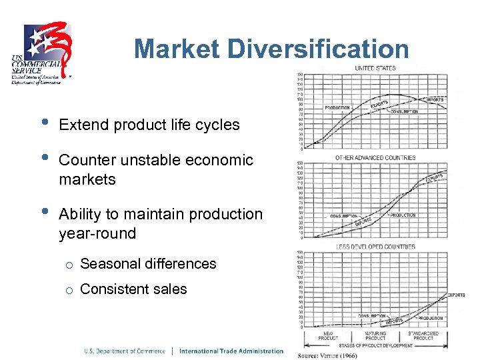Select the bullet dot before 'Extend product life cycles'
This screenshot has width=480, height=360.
(x=44, y=123)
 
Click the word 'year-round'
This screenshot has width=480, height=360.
(x=97, y=233)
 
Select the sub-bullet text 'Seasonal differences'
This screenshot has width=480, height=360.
(x=148, y=263)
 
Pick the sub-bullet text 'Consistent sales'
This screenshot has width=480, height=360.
(x=133, y=289)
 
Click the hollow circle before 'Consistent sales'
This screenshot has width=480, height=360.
(x=68, y=289)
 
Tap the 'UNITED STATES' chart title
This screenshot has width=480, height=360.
(x=375, y=68)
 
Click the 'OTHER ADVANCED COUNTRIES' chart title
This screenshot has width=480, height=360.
(x=375, y=157)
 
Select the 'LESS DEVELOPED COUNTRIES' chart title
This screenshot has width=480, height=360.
(x=375, y=247)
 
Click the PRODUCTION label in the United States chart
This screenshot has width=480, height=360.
(x=337, y=107)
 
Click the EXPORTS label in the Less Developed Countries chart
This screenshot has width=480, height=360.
(x=456, y=295)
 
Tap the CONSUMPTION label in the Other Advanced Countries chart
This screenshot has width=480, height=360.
(x=344, y=216)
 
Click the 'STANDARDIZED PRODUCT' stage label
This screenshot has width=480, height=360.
(x=423, y=335)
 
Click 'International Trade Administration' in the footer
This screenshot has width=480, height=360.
(x=231, y=351)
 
